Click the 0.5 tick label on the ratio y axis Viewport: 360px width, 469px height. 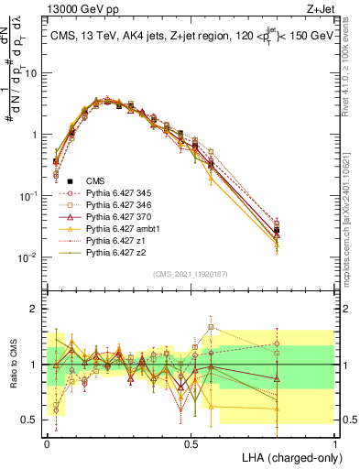click(31, 419)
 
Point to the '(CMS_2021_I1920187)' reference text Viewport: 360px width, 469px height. click(191, 272)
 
